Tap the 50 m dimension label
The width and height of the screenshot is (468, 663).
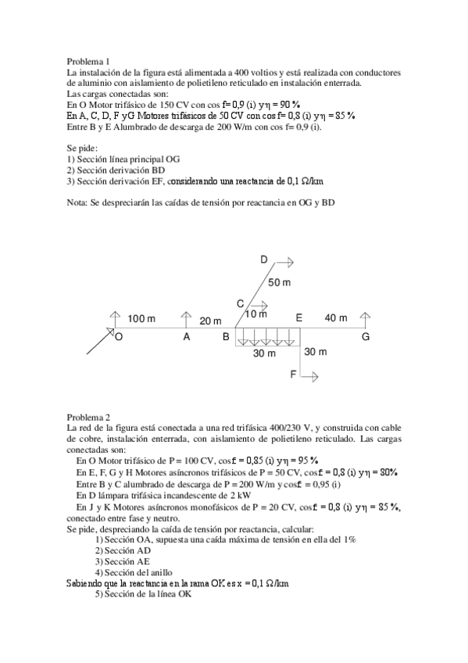279,281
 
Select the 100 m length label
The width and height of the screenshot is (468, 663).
141,319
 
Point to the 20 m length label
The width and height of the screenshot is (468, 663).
210,321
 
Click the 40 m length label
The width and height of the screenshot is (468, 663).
336,317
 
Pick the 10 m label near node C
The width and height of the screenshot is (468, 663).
256,314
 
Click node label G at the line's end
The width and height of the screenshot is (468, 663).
366,337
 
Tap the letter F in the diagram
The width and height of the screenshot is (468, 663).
294,375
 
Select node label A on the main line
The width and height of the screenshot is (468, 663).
186,337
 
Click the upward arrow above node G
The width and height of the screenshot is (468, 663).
365,319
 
